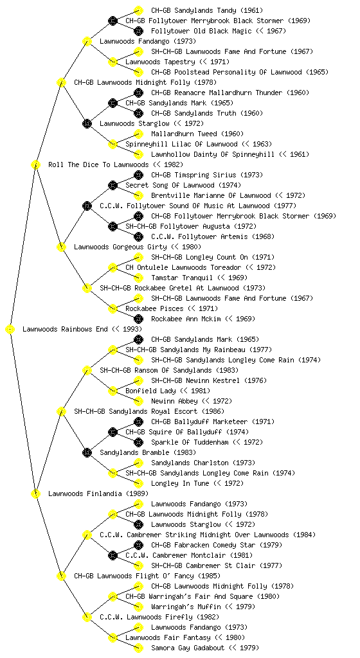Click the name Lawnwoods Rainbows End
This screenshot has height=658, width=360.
point(65,329)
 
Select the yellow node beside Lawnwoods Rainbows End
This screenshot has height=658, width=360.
point(10,329)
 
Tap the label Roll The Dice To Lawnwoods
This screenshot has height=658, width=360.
point(98,164)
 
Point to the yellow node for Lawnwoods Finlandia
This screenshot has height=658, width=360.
point(35,493)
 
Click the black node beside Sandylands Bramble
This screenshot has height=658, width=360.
point(87,452)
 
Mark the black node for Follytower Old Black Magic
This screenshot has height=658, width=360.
point(138,31)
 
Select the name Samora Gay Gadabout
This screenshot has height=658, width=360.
point(188,648)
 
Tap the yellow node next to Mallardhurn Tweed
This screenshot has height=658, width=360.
point(138,134)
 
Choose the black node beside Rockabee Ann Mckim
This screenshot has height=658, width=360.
point(138,319)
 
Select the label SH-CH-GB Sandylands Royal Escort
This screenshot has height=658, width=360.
point(136,411)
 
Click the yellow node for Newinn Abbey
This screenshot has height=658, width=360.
point(138,401)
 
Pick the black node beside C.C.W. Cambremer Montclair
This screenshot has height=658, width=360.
point(113,555)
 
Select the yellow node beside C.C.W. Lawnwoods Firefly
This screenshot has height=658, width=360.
point(87,617)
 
